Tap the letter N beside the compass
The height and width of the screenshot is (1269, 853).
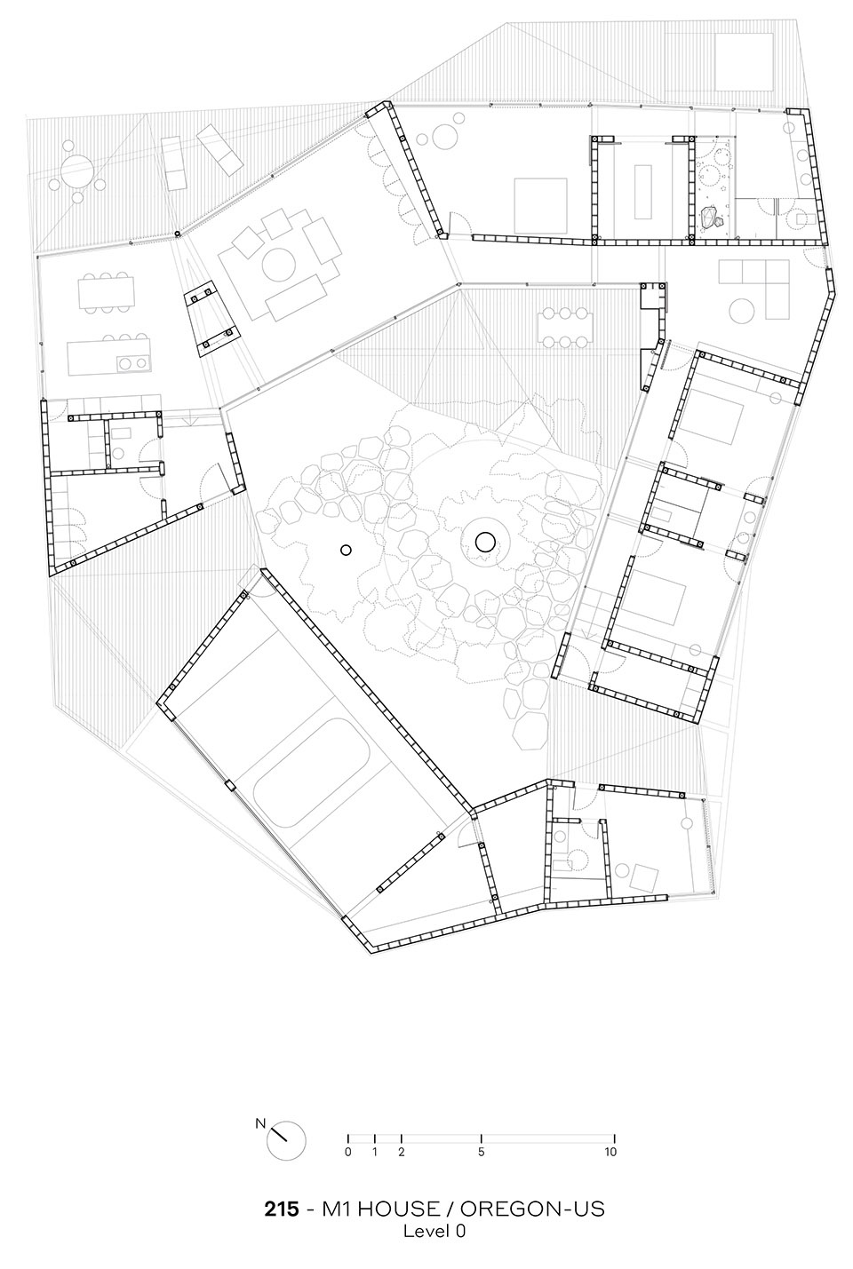pos(260,1123)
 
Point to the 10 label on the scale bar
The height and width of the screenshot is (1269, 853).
pos(610,1151)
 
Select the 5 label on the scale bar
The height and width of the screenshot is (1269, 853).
pos(482,1151)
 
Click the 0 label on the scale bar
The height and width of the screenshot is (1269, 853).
pos(348,1151)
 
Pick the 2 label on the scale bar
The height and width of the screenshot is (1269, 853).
pos(402,1151)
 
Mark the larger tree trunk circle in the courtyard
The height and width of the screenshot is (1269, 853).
pos(485,543)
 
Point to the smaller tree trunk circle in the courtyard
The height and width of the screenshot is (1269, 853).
pos(346,550)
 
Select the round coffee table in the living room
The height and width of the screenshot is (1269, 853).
pos(278,265)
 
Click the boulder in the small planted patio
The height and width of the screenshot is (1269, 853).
pos(709,218)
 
